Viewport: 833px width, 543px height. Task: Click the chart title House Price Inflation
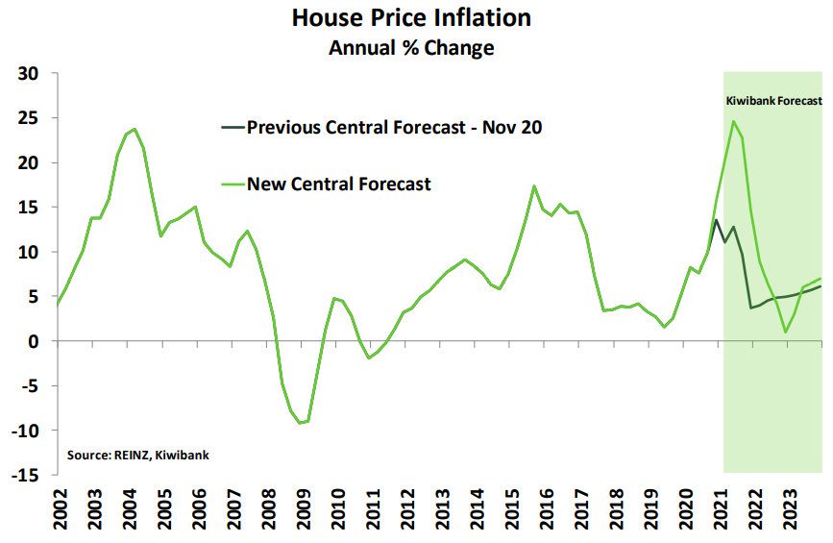coord(411,17)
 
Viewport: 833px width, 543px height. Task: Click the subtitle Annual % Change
coord(411,47)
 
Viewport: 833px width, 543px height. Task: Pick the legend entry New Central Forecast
coord(339,184)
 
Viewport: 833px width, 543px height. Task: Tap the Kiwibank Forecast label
coord(773,100)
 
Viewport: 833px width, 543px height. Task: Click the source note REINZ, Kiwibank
coord(137,454)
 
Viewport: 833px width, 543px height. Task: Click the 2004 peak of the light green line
coord(135,129)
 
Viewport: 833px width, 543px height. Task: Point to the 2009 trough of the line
coord(301,423)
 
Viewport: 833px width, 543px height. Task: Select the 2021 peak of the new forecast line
coord(733,121)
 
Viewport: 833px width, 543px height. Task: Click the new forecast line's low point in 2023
coord(785,333)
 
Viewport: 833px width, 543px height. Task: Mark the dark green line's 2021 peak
coord(716,220)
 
